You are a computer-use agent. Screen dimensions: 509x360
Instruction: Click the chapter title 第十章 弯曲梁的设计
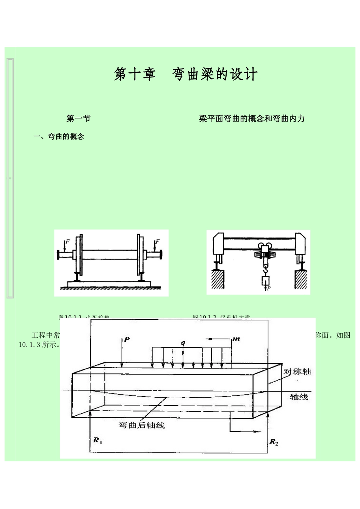point(186,74)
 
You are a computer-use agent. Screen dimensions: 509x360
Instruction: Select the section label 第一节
point(78,119)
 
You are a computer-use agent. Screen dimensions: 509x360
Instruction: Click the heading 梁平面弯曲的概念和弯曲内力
point(252,119)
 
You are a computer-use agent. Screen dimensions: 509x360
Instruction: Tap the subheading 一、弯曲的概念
point(59,137)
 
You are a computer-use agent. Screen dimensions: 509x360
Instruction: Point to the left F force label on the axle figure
point(67,241)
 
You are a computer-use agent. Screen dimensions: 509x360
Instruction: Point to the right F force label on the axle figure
point(158,241)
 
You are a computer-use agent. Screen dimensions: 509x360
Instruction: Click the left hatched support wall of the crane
point(218,279)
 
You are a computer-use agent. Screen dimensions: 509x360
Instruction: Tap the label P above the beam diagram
point(127,340)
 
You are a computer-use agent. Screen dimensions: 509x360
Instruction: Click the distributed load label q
point(183,343)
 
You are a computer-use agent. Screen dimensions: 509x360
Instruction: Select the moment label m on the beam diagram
point(236,339)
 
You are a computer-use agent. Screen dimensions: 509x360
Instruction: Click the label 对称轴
point(297,372)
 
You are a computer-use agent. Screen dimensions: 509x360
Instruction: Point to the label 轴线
point(299,397)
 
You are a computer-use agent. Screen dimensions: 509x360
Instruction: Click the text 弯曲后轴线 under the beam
point(142,425)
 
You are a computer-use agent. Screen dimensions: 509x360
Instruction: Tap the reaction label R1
point(98,440)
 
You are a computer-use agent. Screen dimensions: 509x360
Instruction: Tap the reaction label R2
point(274,442)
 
